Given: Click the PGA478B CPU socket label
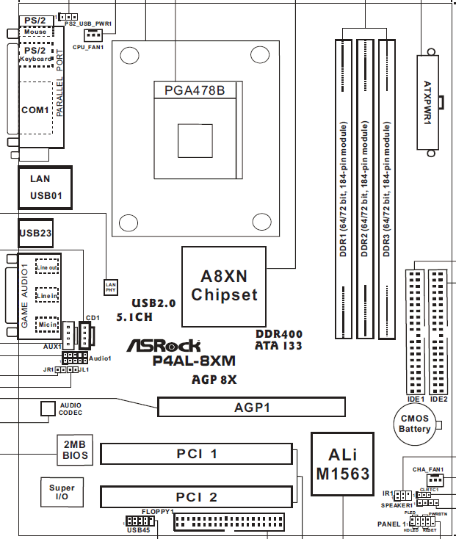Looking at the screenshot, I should tap(194, 90).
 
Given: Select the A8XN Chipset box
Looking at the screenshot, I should tap(224, 286).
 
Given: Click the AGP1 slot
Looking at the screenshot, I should tap(252, 407).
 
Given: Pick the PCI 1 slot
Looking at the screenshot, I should tap(197, 454).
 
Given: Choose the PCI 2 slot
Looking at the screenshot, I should tap(197, 497).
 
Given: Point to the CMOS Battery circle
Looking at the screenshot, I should tap(415, 424).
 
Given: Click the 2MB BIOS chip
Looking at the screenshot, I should tap(75, 450).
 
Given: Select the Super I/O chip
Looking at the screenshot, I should tap(62, 493).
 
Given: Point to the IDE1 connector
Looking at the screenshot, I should tap(413, 331).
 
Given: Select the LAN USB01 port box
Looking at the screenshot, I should tap(45, 187).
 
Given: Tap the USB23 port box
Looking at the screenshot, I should tap(35, 233).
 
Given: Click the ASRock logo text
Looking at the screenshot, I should tap(173, 345).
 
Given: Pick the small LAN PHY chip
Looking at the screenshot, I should tap(110, 286).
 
